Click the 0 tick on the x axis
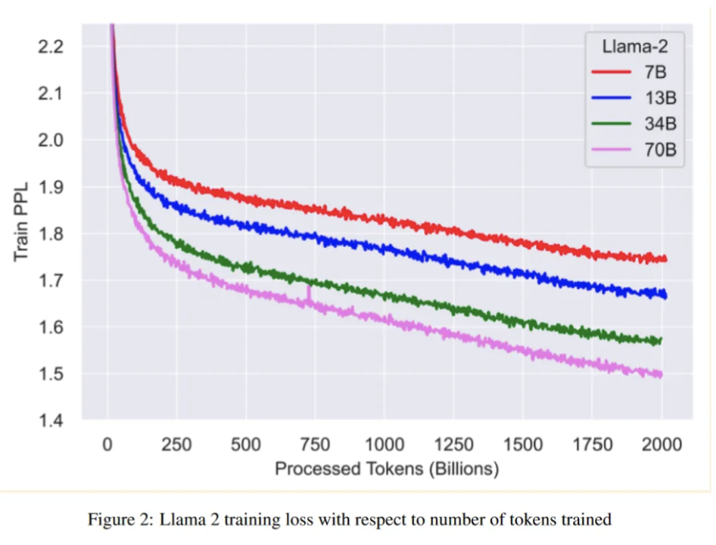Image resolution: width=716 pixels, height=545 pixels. (x=107, y=444)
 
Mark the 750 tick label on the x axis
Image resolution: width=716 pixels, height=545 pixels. (x=314, y=444)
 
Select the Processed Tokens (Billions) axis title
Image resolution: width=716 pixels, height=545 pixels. (x=387, y=469)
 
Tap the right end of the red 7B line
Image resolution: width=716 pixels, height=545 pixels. (x=665, y=259)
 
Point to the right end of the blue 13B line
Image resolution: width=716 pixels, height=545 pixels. (x=665, y=296)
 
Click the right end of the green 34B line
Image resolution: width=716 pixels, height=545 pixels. (x=661, y=340)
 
